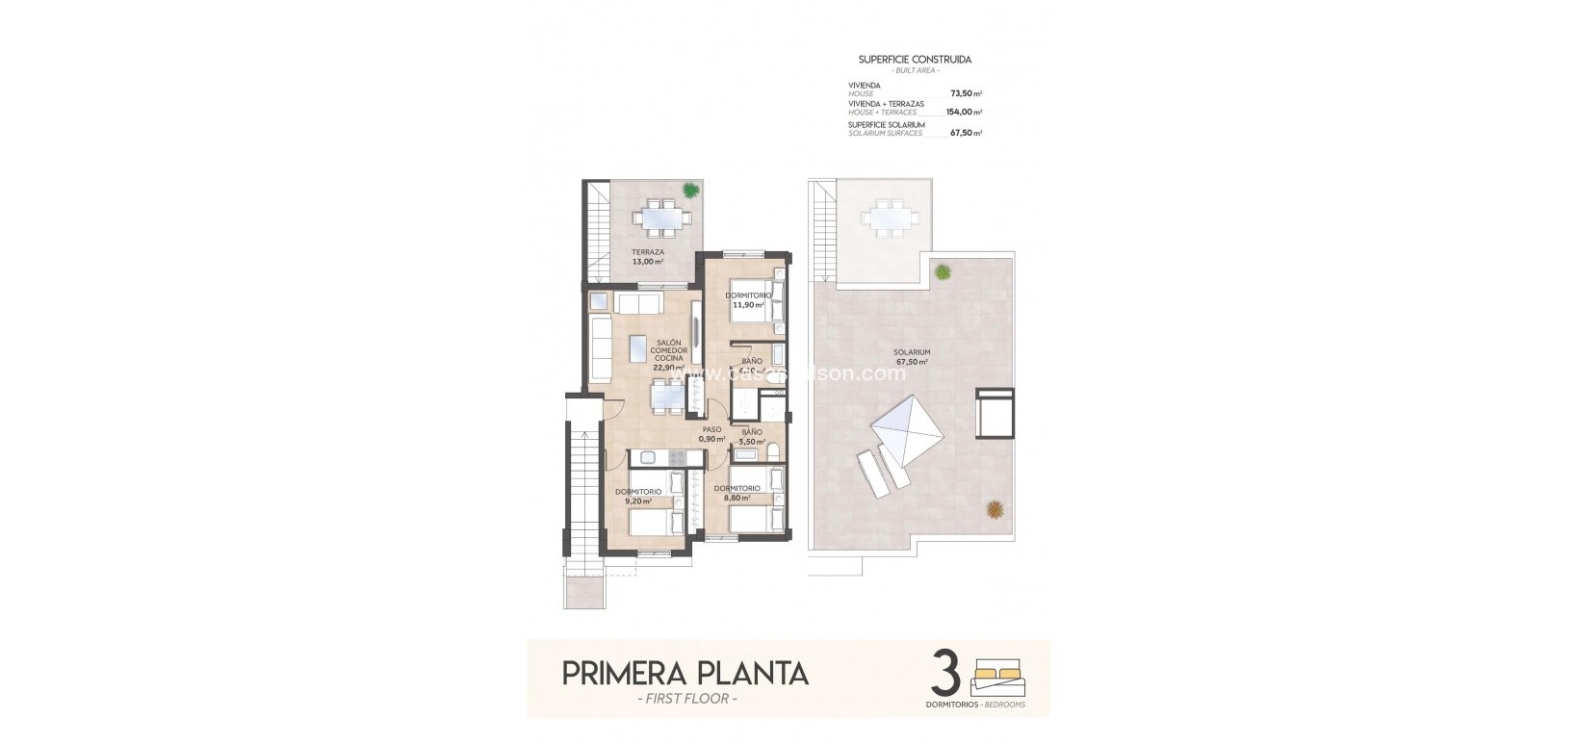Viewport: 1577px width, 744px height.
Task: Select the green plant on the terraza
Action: [x=690, y=190]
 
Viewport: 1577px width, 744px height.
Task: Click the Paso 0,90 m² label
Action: [x=711, y=434]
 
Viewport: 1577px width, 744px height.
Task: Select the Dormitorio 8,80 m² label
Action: [x=737, y=493]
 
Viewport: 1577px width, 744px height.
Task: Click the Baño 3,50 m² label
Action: [x=751, y=437]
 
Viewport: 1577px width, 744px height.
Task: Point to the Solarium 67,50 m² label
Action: [x=910, y=358]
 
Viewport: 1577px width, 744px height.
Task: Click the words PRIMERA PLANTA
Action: [x=685, y=673]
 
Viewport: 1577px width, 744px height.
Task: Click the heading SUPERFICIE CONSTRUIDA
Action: [x=915, y=59]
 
